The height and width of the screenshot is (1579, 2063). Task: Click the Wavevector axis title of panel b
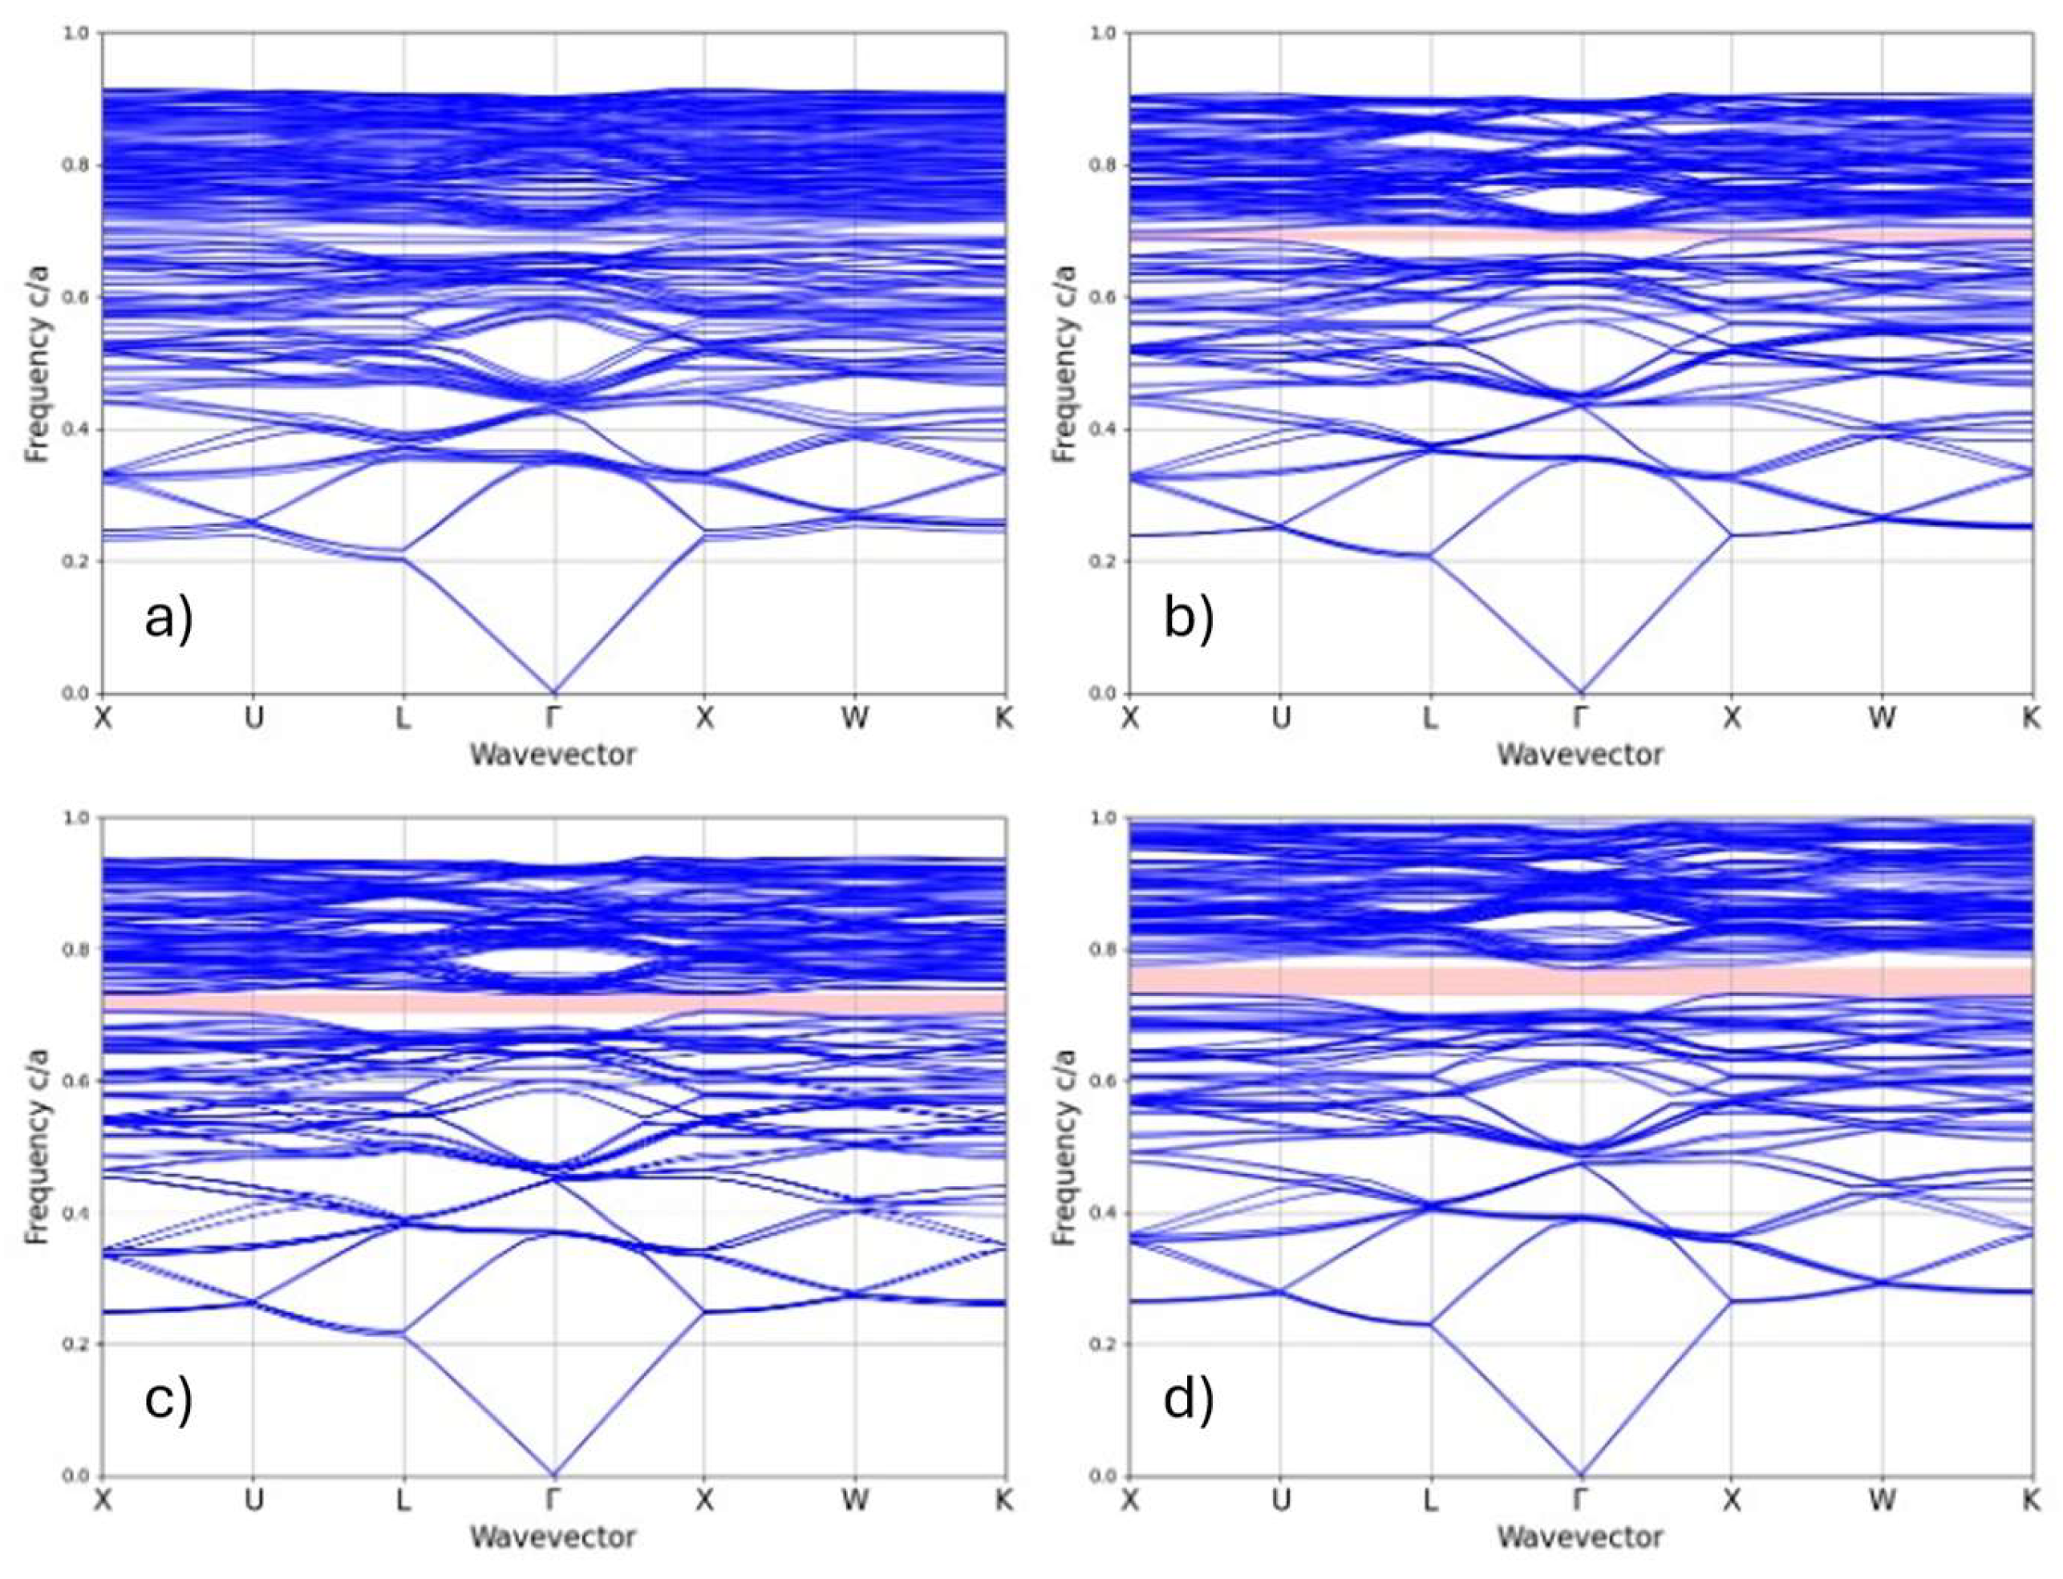point(1580,754)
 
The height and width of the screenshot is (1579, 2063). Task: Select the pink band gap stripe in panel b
point(1581,233)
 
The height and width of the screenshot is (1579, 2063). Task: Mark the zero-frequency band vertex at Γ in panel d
point(1581,1474)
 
